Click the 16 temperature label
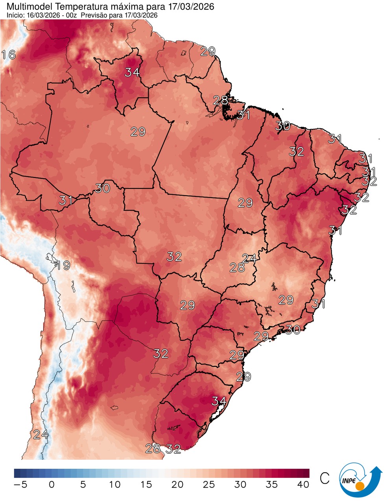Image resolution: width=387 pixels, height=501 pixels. click(8, 55)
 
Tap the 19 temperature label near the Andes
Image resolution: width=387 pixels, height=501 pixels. click(63, 266)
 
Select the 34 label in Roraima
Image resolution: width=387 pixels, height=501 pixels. click(133, 72)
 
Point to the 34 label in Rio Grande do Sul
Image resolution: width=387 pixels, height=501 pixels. click(219, 401)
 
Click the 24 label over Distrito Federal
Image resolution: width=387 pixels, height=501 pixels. click(249, 259)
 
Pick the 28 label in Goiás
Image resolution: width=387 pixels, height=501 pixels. click(237, 268)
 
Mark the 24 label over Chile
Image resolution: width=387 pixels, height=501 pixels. click(41, 435)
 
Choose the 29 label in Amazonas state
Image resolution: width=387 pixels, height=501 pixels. click(138, 132)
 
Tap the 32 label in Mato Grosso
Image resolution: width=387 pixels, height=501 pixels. click(174, 257)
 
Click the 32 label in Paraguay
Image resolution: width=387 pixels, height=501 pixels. click(161, 353)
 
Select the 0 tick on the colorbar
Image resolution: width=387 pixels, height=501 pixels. click(52, 484)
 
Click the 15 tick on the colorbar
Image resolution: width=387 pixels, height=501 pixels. click(146, 484)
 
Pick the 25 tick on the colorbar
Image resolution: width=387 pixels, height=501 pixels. click(209, 484)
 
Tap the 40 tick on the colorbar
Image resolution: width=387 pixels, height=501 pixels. click(303, 484)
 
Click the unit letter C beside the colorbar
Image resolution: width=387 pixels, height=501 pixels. click(324, 478)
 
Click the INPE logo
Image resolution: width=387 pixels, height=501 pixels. click(360, 479)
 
